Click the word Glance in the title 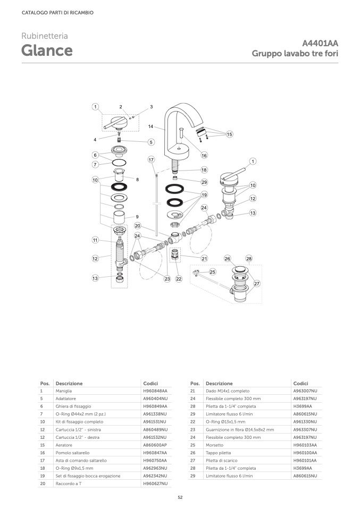point(47,50)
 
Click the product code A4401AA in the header point(320,43)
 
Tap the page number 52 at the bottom point(180,497)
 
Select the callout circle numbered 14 point(150,126)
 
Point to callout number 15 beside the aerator point(229,134)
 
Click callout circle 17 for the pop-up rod point(151,159)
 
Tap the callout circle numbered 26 point(227,258)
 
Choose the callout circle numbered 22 point(179,278)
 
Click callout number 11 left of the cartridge point(95,240)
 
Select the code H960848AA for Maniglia point(155,391)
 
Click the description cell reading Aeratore point(64,445)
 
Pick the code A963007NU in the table point(305,391)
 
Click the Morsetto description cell point(214,445)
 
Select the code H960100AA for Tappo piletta point(305,453)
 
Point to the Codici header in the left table point(150,384)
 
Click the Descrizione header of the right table point(219,384)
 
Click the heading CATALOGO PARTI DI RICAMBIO point(57,13)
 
